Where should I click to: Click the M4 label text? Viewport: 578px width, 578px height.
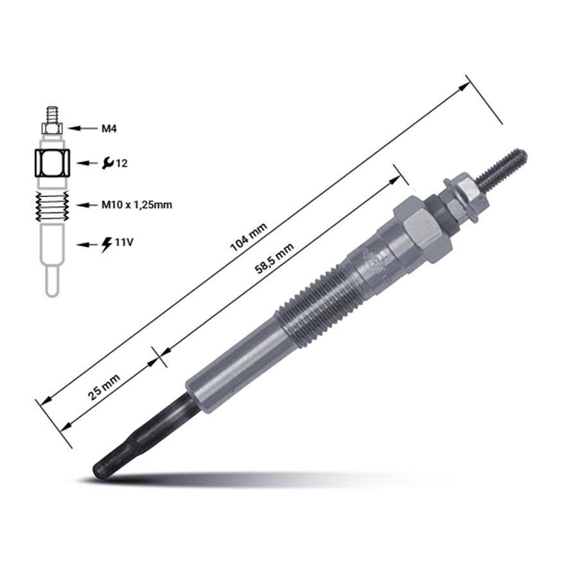[109, 128]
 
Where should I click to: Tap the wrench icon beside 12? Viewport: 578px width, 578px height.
[107, 162]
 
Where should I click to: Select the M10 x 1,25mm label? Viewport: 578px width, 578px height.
[137, 205]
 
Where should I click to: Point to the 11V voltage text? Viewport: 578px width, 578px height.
[123, 243]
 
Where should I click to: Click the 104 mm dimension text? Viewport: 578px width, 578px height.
[249, 238]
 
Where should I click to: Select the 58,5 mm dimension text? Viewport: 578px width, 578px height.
[275, 259]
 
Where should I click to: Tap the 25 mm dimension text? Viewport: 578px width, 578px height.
[104, 387]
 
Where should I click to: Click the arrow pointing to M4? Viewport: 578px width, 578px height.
[82, 128]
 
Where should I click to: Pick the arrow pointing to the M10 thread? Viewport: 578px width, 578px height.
[87, 205]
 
